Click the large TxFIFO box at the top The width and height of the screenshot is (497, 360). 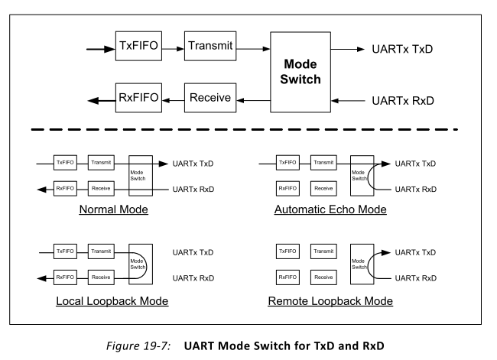pos(138,46)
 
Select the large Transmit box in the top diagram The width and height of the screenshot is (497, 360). pos(210,46)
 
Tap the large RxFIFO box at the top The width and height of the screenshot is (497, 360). pos(138,98)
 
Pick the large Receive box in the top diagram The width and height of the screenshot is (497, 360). pos(210,98)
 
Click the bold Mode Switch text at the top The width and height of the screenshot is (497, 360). pos(300,72)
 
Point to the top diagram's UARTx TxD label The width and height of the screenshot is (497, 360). pos(402,49)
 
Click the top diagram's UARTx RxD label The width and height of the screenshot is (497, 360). pos(403,101)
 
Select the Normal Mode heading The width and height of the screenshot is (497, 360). pos(113,209)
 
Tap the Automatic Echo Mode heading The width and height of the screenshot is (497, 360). pos(330,209)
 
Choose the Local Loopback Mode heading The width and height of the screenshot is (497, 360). pos(112,301)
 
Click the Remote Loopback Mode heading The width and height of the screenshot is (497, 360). pos(330,301)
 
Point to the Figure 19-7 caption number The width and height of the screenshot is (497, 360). pos(138,345)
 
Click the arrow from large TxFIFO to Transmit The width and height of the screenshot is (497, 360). pos(173,49)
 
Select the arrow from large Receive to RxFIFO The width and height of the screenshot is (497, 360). pos(173,100)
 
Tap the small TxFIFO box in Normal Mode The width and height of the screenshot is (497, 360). pos(65,163)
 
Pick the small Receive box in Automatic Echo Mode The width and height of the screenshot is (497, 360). pos(323,189)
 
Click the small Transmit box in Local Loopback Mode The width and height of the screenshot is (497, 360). pos(101,251)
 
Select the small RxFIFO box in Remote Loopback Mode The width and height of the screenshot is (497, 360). pos(287,277)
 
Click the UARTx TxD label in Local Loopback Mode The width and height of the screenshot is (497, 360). pos(193,252)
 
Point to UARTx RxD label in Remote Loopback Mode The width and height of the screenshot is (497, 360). pos(416,278)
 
